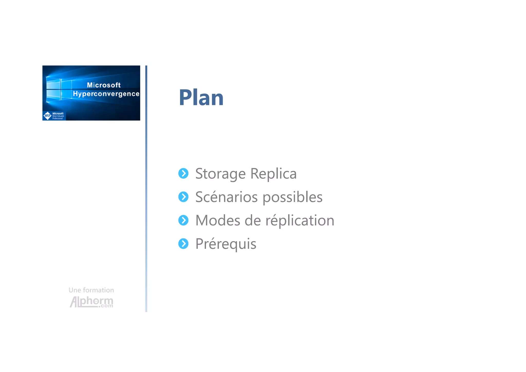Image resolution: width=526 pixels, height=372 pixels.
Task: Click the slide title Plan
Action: coord(201,98)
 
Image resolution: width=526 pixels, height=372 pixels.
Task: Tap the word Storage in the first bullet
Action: coord(220,174)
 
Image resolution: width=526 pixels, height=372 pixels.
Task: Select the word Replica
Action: coord(273,174)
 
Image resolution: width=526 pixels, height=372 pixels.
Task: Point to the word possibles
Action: coord(292,197)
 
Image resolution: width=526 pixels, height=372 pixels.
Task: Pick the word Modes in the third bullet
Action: coord(218,221)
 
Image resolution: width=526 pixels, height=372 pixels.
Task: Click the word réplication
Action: coord(300,221)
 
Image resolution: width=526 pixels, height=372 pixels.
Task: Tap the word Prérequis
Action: coord(226,244)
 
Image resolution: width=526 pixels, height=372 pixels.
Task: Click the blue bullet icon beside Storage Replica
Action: coord(183,174)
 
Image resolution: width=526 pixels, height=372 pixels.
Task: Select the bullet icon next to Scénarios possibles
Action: coord(183,197)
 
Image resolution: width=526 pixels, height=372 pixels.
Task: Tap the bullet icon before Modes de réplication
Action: coord(183,220)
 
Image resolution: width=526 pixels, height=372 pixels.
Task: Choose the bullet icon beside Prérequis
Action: coord(183,244)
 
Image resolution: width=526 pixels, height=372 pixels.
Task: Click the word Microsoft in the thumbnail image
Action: coord(104,85)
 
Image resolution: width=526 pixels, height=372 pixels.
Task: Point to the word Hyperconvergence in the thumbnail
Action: coord(106,94)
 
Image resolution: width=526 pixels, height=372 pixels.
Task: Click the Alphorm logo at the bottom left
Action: coord(91,302)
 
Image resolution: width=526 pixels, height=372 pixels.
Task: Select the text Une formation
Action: coord(91,290)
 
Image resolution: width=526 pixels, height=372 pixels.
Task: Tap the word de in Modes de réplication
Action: coord(253,221)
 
